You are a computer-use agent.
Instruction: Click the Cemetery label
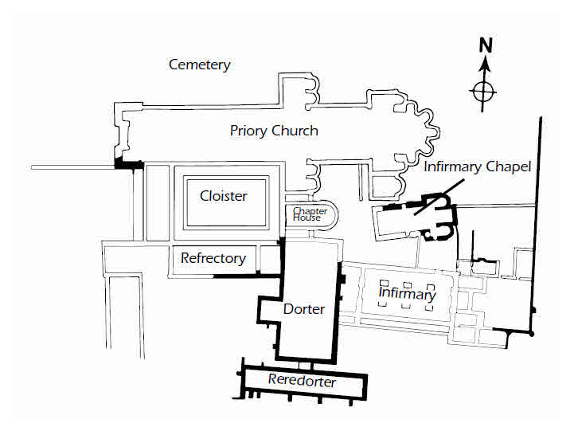(199, 65)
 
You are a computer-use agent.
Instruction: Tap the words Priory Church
(274, 131)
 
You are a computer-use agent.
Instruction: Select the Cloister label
(223, 196)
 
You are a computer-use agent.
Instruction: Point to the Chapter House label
(305, 213)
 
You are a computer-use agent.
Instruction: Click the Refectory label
(213, 258)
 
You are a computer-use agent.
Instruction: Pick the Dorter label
(303, 308)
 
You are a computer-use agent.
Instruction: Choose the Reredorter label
(302, 382)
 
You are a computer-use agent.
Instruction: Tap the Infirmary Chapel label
(477, 167)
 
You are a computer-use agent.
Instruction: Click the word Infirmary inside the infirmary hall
(407, 295)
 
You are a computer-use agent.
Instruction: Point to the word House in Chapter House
(305, 217)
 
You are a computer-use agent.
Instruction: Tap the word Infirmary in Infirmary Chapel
(451, 167)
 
